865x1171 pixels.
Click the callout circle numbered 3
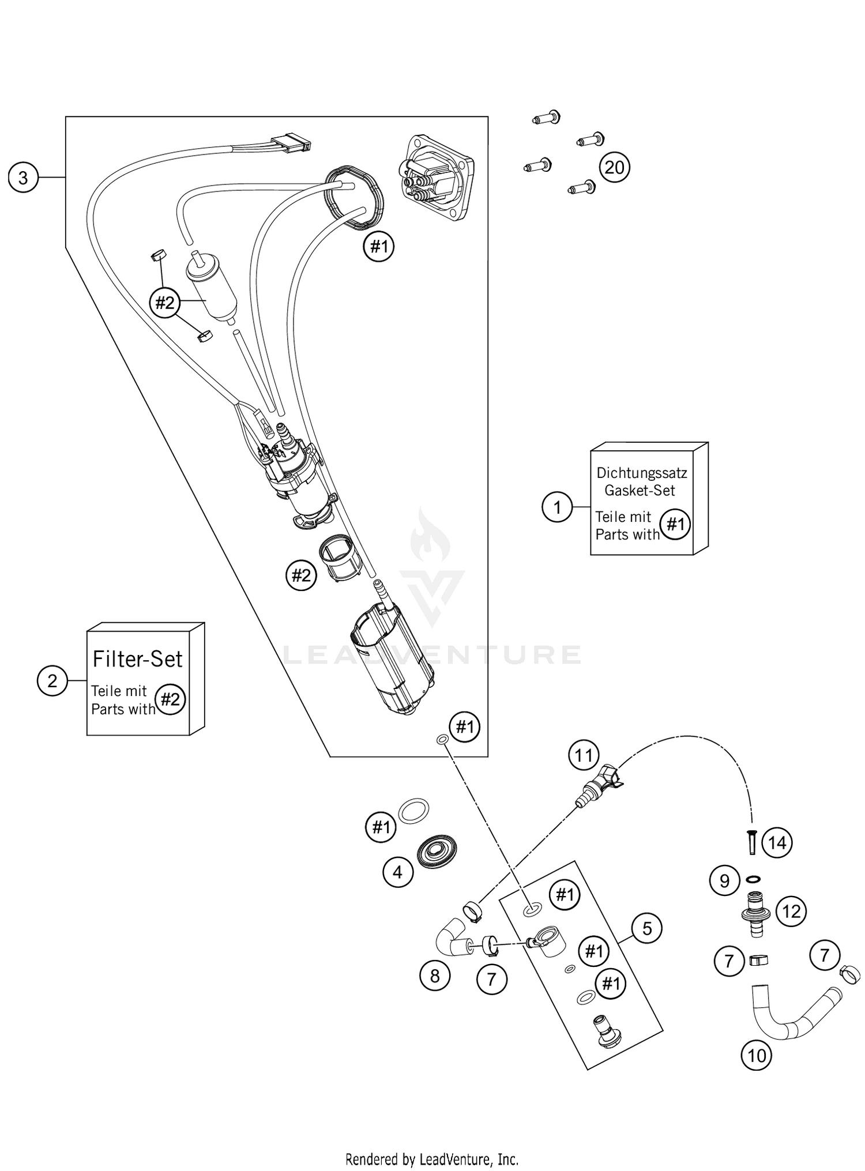pos(23,178)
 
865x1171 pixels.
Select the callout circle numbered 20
pos(614,167)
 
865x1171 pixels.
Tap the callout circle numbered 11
pos(584,755)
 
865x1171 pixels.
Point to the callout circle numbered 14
pos(777,843)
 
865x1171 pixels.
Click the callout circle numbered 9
pos(725,880)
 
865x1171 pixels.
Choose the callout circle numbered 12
pos(791,912)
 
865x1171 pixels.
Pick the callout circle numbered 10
pos(756,1055)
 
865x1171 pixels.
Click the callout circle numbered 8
pos(435,976)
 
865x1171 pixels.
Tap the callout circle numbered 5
pos(646,928)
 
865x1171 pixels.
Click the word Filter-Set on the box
pos(137,659)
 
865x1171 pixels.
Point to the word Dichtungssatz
pos(641,473)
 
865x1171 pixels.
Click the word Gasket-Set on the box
pos(640,491)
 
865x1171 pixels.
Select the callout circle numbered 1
pos(557,507)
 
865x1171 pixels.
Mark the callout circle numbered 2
pos(52,681)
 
